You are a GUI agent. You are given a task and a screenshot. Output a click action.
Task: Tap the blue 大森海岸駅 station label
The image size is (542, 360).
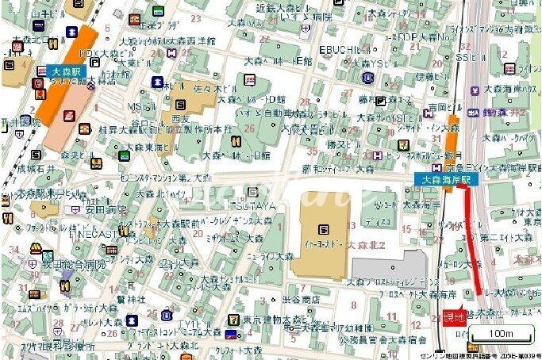coord(446,181)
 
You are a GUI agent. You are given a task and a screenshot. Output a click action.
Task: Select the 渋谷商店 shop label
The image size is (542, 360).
coord(301,299)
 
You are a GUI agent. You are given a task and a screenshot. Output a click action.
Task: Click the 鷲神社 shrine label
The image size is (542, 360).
coord(126,299)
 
